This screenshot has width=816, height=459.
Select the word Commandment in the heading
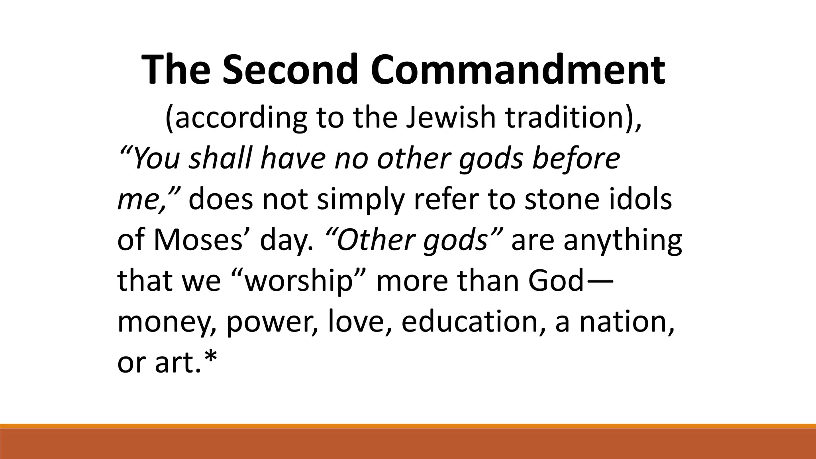click(518, 70)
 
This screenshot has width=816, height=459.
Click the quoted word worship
click(299, 282)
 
